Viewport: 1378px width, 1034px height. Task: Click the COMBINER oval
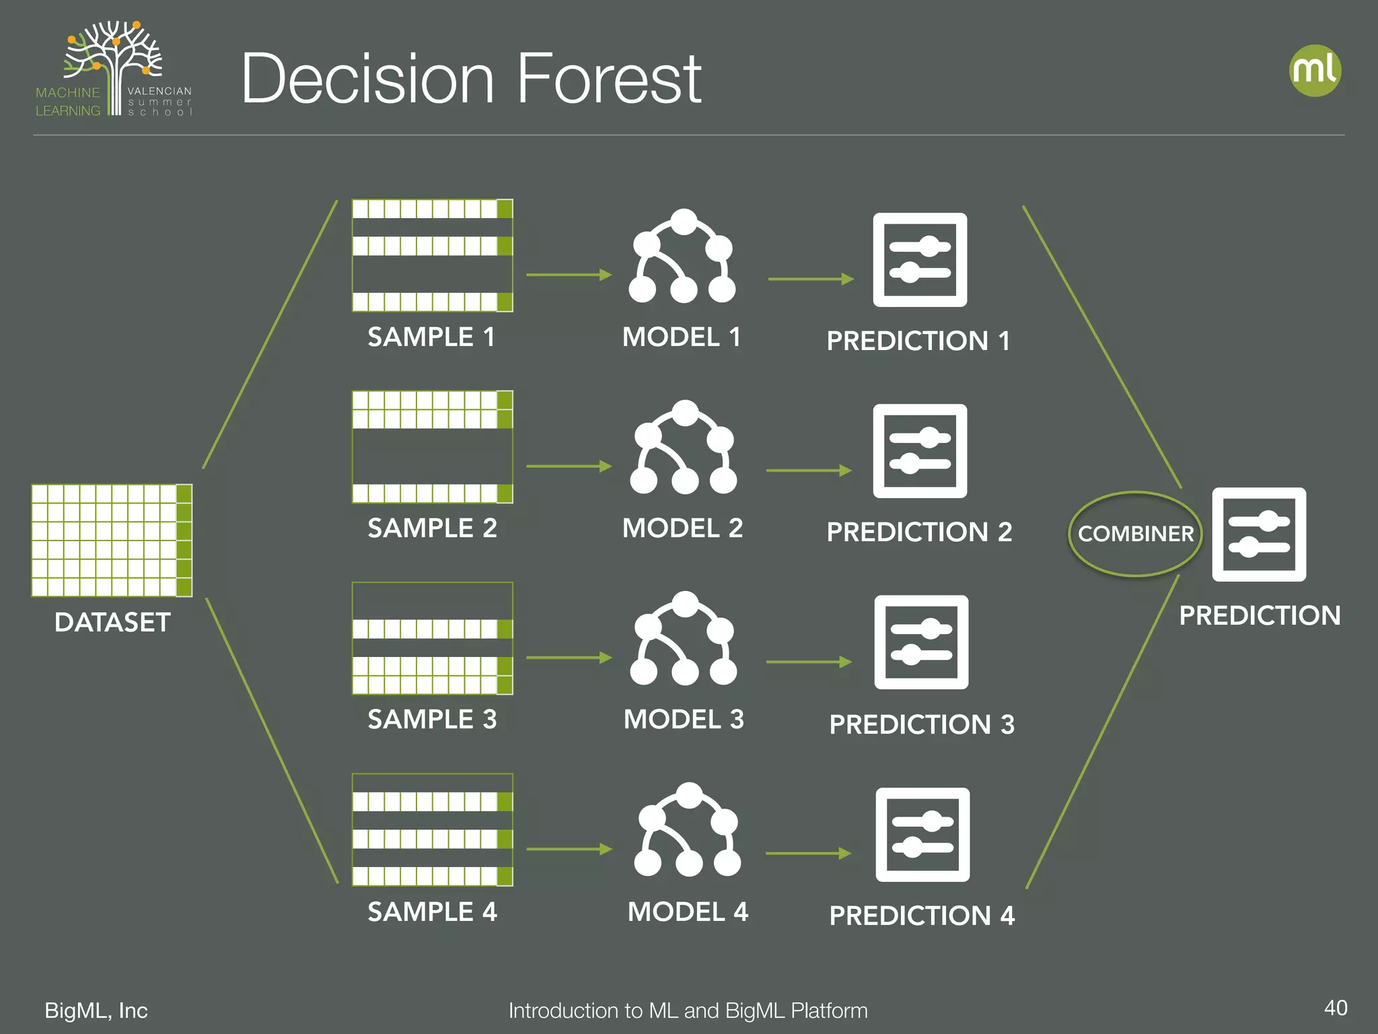click(x=1135, y=534)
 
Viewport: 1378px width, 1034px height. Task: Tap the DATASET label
click(x=112, y=622)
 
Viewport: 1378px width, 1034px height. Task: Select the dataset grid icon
click(x=112, y=540)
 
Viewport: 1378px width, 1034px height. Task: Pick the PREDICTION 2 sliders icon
click(x=920, y=451)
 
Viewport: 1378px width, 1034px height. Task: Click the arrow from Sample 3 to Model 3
click(x=569, y=658)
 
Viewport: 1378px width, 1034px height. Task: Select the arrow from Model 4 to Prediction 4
click(x=808, y=854)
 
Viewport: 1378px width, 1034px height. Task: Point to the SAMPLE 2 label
click(x=432, y=528)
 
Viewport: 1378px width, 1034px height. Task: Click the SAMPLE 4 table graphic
click(x=432, y=829)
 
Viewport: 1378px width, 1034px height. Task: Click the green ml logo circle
click(x=1315, y=71)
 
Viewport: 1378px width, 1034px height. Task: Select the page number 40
click(x=1335, y=1008)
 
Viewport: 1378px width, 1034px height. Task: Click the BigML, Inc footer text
click(x=96, y=1010)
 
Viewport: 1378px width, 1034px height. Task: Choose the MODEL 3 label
click(x=684, y=720)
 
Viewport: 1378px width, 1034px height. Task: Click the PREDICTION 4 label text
click(x=921, y=916)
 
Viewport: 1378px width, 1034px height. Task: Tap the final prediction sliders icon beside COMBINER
click(x=1259, y=535)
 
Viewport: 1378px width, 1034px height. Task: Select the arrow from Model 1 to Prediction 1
click(x=811, y=279)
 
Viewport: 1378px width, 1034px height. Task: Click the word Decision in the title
click(x=368, y=79)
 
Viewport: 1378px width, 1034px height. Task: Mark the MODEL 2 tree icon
click(x=684, y=448)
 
